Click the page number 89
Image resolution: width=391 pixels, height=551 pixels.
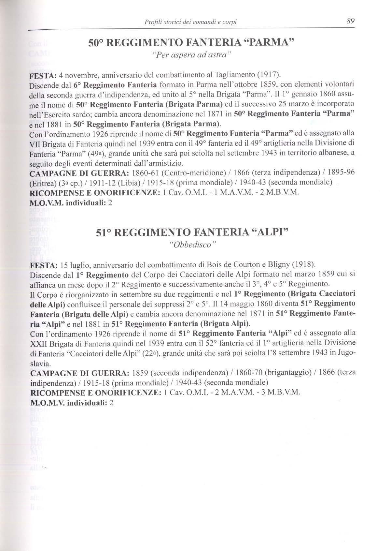(350, 21)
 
